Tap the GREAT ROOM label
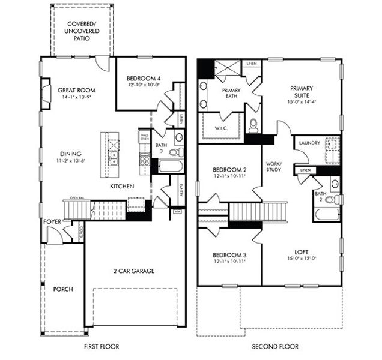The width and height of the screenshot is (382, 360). pos(77,91)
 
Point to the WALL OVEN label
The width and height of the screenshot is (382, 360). pos(144,138)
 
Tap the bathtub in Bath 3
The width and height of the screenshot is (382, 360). pos(170,166)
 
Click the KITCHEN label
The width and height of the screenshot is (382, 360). pos(121,187)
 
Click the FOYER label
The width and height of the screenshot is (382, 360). pos(52,221)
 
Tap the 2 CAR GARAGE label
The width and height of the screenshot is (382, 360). pos(135,271)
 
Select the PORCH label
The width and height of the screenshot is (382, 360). pos(63,289)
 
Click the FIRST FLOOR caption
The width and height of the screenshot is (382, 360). pos(100,346)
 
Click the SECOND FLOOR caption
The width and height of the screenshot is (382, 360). pos(274,346)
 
